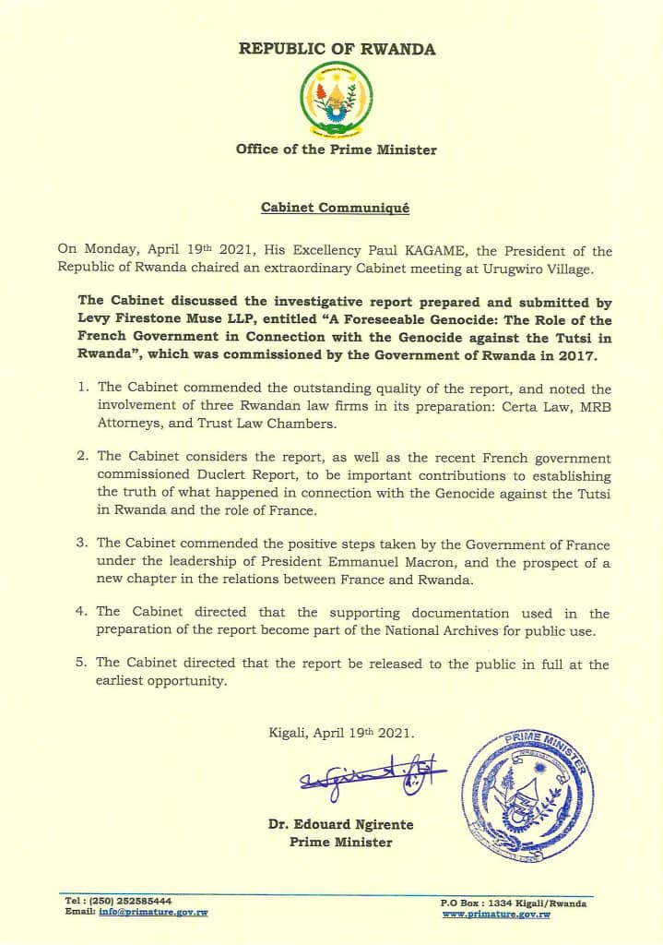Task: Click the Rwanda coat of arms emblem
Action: click(x=336, y=102)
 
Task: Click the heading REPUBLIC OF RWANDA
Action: click(x=337, y=49)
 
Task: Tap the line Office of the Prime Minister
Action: click(x=336, y=150)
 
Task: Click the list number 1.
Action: click(x=82, y=390)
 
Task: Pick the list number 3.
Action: click(x=82, y=545)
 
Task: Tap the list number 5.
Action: click(x=82, y=664)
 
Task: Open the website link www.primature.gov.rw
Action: click(x=496, y=914)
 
